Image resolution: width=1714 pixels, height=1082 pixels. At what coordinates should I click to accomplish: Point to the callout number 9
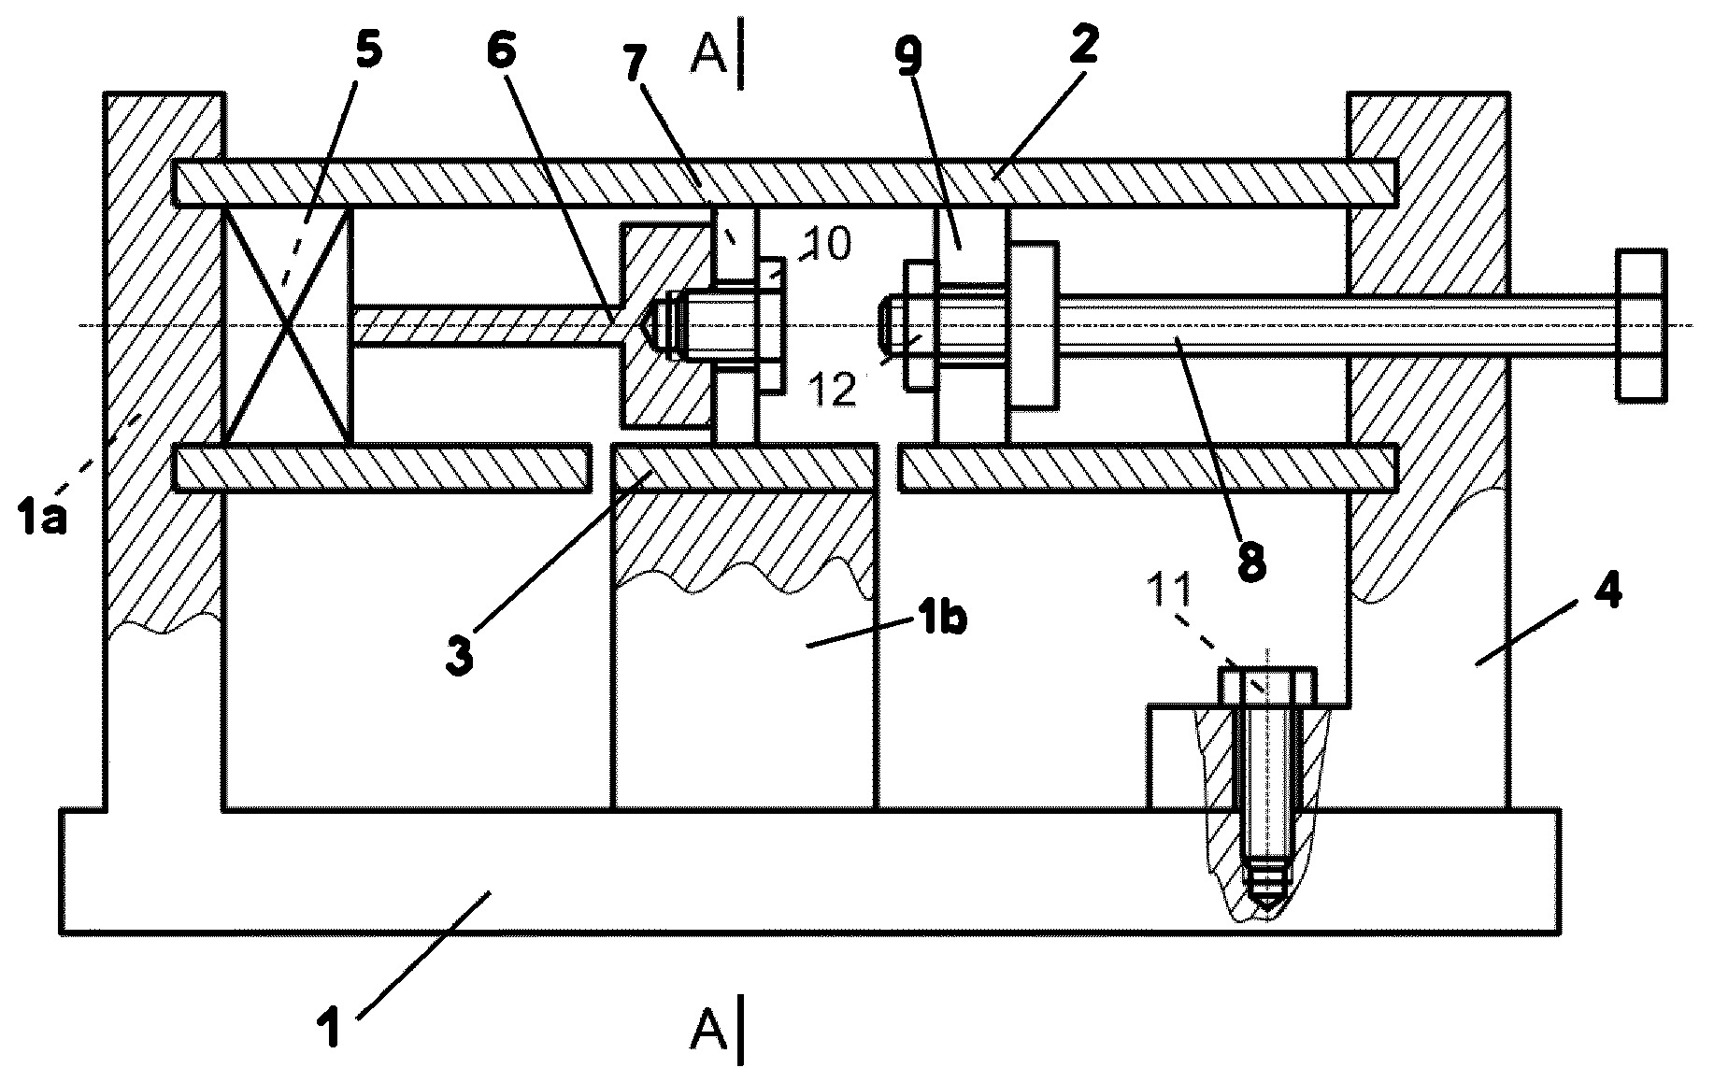[x=907, y=57]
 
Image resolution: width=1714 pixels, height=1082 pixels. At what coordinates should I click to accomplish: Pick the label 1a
[x=43, y=515]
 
